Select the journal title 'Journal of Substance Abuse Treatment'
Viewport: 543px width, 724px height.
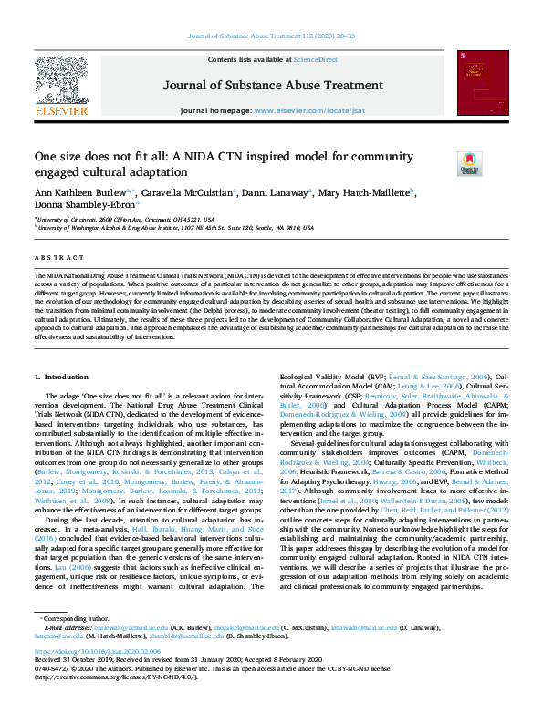271,87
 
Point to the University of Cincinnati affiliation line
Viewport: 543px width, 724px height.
128,220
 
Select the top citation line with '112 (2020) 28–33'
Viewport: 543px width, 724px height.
271,36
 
